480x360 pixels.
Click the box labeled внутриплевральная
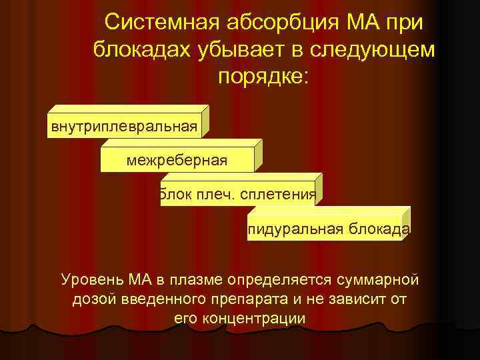tap(123, 126)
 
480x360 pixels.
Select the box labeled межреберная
tap(177, 159)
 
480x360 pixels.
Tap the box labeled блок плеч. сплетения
tap(237, 194)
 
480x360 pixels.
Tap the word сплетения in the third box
tap(280, 194)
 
